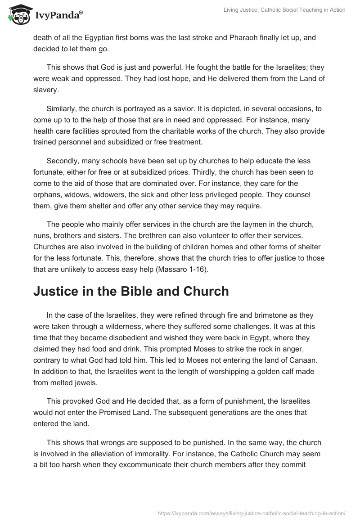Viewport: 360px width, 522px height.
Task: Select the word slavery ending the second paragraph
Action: point(45,90)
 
